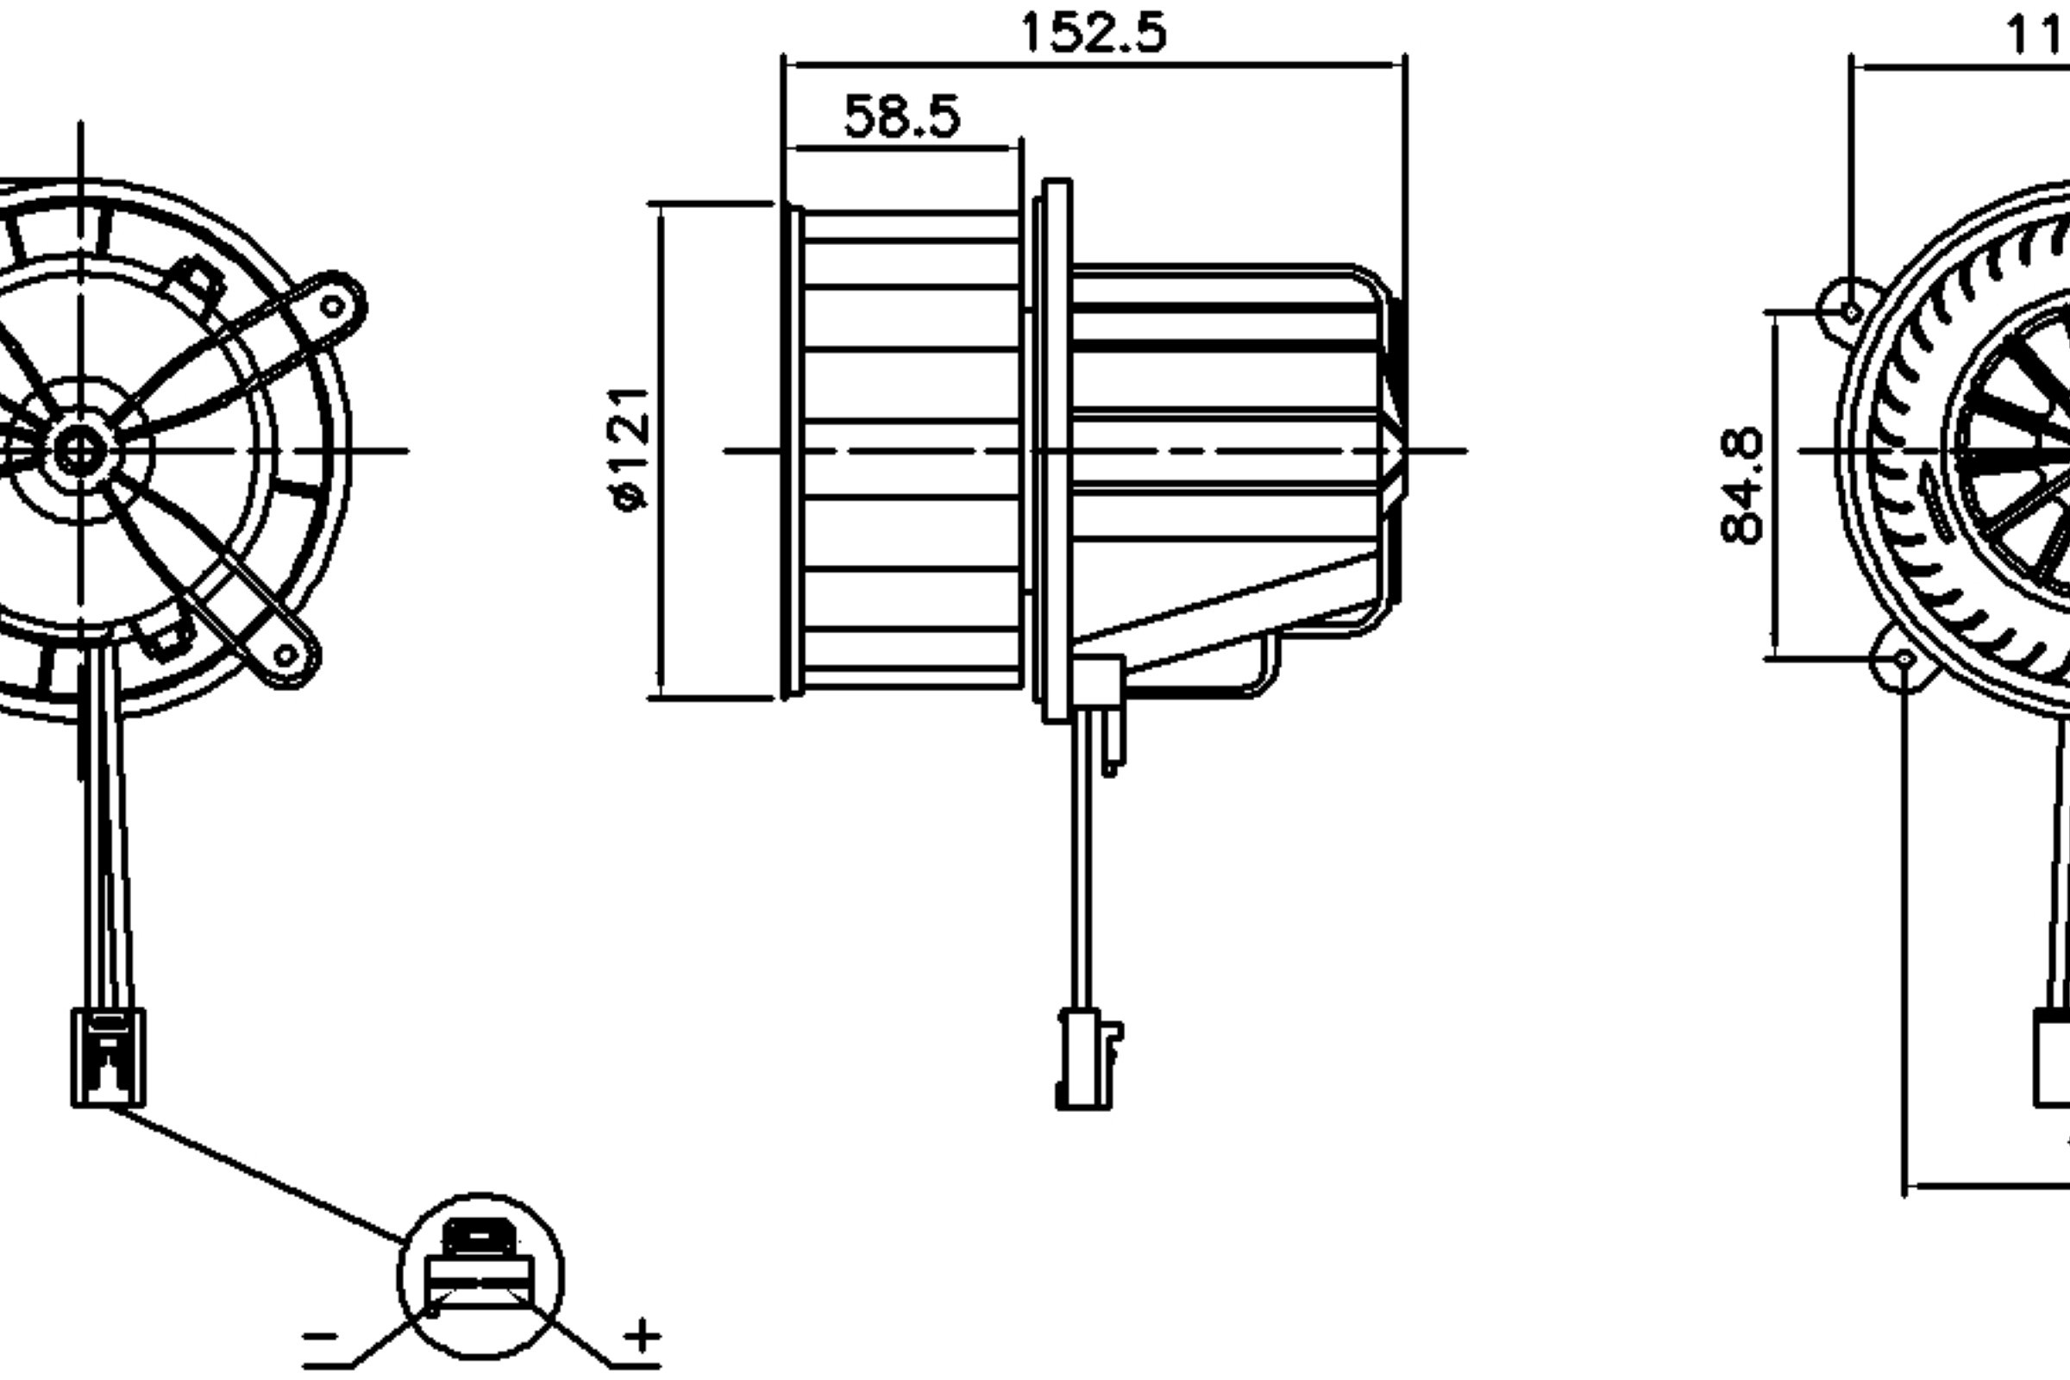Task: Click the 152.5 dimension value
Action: click(x=1093, y=34)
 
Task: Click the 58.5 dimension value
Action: click(x=901, y=117)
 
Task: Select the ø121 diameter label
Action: click(x=630, y=448)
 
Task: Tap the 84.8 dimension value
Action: click(x=1741, y=486)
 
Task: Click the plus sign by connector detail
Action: click(x=642, y=1335)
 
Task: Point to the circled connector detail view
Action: click(x=480, y=1276)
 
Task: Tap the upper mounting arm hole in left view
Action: click(x=333, y=306)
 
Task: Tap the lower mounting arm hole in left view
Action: click(x=285, y=655)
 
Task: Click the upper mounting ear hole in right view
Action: click(x=1851, y=312)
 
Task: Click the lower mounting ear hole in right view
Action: click(x=1904, y=658)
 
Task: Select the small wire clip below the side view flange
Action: click(x=1112, y=743)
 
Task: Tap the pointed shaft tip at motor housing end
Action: click(x=1401, y=450)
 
